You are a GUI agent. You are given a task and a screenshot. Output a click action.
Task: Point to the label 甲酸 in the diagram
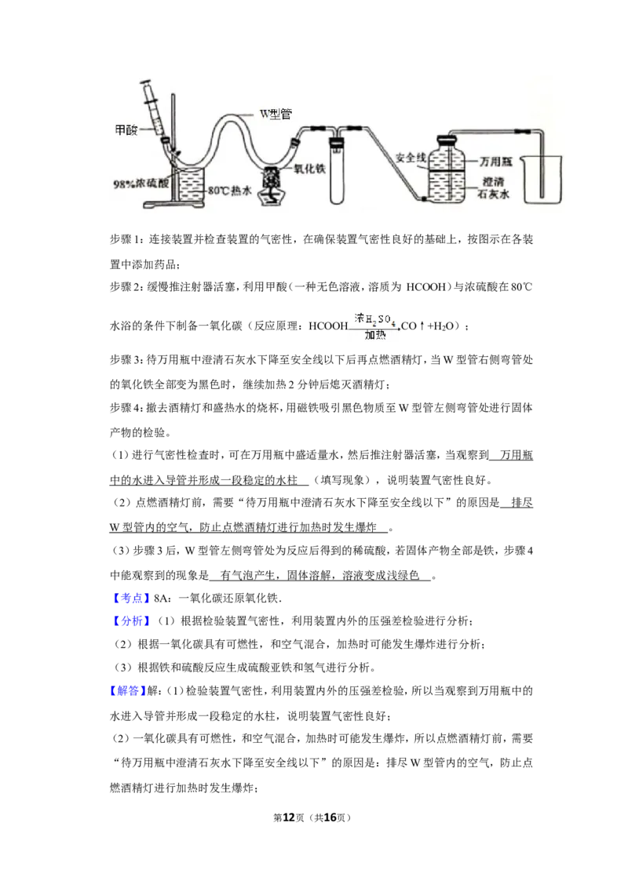tap(126, 130)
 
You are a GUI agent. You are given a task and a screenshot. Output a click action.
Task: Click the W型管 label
tap(276, 114)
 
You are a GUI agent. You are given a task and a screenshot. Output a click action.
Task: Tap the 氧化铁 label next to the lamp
tap(309, 169)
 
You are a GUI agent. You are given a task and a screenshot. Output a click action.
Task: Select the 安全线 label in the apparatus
tap(410, 158)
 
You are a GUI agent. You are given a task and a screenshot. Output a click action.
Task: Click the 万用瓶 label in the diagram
tap(496, 162)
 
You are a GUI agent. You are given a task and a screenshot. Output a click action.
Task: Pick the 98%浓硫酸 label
tap(141, 184)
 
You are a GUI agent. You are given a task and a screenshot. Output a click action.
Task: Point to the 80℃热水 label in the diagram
tap(229, 191)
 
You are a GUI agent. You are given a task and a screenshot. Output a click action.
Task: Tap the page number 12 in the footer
tap(289, 817)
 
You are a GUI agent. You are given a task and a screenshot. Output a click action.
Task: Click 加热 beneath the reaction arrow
tap(375, 335)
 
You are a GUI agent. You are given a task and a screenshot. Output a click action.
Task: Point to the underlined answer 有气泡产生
tap(248, 575)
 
